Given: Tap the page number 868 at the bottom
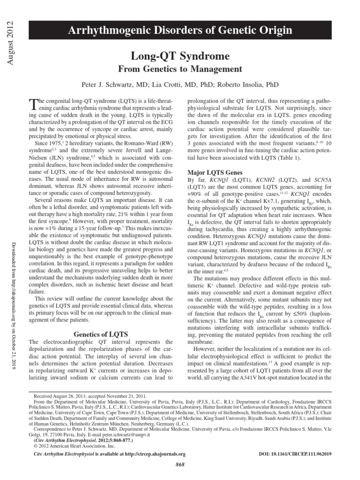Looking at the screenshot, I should tap(180, 464).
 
